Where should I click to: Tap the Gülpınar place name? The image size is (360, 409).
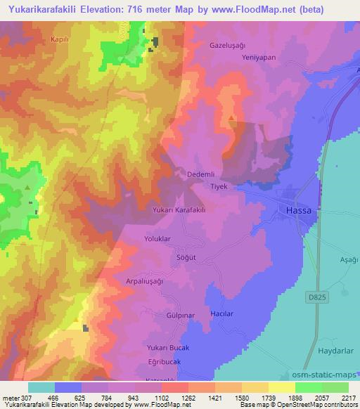click(x=180, y=316)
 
